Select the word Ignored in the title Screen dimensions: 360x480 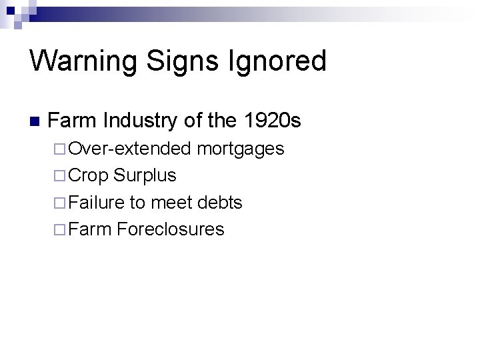click(280, 61)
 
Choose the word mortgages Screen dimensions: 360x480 click(240, 149)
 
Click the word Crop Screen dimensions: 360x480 click(89, 175)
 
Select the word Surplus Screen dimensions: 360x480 click(145, 175)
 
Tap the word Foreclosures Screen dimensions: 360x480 click(170, 229)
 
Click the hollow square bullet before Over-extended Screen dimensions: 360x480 click(59, 149)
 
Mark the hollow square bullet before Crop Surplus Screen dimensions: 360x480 click(59, 176)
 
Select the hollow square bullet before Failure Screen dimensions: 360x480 click(59, 203)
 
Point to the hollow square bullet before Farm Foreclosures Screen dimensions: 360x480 click(59, 230)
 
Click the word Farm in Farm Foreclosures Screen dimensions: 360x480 click(89, 229)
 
